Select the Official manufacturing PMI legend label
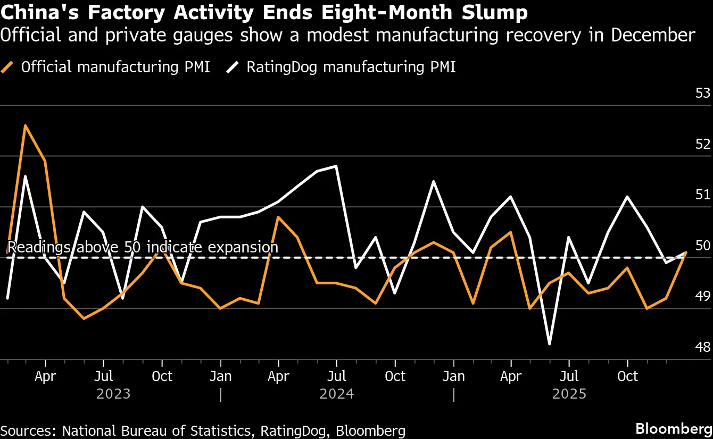click(x=115, y=67)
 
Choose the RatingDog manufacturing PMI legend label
click(x=351, y=67)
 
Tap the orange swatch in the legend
click(x=7, y=67)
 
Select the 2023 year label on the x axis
click(x=113, y=394)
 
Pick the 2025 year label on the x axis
click(x=569, y=394)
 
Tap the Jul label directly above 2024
click(x=336, y=376)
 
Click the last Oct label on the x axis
click(x=627, y=376)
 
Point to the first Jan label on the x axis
click(x=220, y=376)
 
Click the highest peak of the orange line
click(x=26, y=125)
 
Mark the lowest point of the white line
click(x=549, y=344)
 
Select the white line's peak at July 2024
click(x=337, y=166)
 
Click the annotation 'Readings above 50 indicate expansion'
click(x=143, y=247)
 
